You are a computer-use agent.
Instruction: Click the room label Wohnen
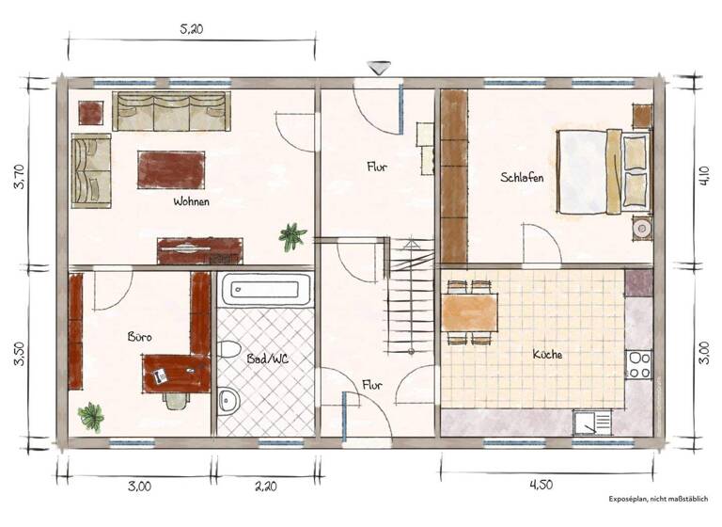[x=191, y=201]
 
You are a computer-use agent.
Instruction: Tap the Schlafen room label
[x=522, y=178]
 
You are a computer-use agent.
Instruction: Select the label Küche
[x=547, y=355]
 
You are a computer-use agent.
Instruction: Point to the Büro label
[x=140, y=336]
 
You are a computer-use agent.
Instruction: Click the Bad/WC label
[x=267, y=359]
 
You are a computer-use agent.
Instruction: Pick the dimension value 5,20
[x=191, y=29]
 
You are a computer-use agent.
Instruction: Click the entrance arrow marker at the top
[x=379, y=68]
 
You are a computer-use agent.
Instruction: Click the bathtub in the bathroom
[x=267, y=291]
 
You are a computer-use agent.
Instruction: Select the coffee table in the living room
[x=171, y=169]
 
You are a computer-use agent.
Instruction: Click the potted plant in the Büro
[x=91, y=415]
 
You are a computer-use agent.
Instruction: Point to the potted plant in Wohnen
[x=292, y=235]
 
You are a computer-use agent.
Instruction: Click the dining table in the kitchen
[x=469, y=311]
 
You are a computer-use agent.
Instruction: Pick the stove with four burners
[x=639, y=364]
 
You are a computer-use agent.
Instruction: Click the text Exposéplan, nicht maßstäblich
[x=659, y=499]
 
